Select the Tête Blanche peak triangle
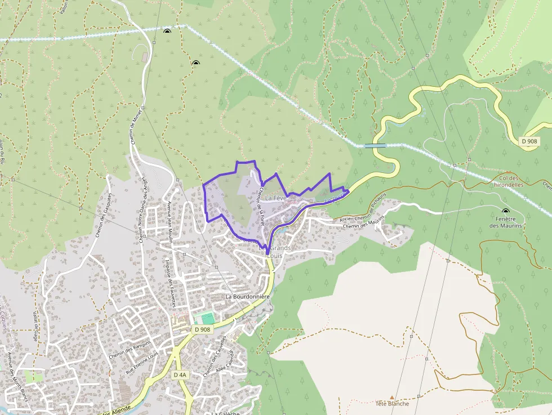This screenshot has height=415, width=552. pyautogui.click(x=392, y=397)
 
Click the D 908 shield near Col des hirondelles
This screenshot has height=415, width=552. pyautogui.click(x=528, y=141)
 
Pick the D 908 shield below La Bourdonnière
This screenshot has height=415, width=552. pyautogui.click(x=202, y=329)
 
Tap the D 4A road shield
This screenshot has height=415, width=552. pyautogui.click(x=180, y=374)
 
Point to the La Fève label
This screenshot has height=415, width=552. pyautogui.click(x=276, y=198)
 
